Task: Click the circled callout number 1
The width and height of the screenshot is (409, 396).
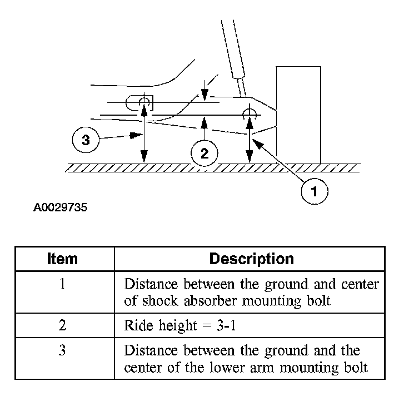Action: (x=314, y=192)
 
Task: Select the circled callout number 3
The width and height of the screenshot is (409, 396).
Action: (x=85, y=140)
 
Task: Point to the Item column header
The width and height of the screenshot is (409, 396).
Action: (x=62, y=259)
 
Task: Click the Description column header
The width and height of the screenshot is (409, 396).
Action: (x=251, y=259)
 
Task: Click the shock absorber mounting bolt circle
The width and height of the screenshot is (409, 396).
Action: (x=248, y=115)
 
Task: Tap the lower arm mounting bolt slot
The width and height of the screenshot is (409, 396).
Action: (x=139, y=103)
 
